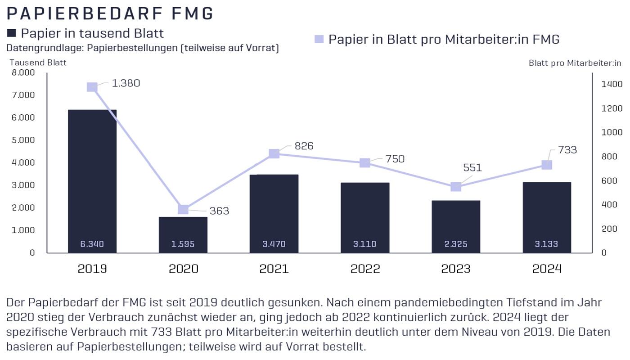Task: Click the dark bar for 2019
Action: (92, 180)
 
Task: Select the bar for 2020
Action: (183, 234)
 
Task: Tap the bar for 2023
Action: (456, 225)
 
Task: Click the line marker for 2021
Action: (274, 154)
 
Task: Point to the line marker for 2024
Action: (547, 165)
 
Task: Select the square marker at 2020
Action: (183, 209)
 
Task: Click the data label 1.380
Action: (126, 83)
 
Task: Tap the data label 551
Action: (472, 168)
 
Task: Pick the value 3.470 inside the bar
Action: (274, 244)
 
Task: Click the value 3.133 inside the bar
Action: (547, 244)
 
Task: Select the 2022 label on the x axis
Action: (365, 269)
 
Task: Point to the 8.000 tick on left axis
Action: (22, 72)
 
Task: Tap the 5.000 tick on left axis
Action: (22, 140)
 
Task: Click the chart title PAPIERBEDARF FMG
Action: (110, 13)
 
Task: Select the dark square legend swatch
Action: (12, 33)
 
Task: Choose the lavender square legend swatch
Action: (319, 39)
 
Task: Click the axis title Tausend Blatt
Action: (38, 63)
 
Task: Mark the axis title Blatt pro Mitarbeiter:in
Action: (575, 63)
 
